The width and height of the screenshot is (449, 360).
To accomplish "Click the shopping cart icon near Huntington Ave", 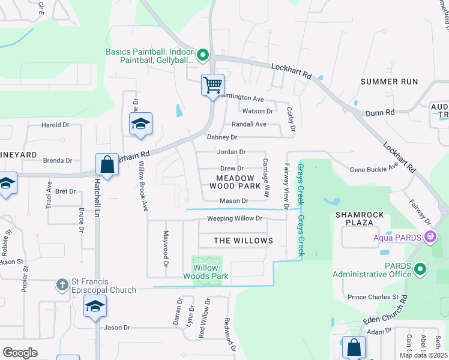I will coord(212,85).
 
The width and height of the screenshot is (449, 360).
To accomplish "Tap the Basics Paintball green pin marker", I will coord(203,56).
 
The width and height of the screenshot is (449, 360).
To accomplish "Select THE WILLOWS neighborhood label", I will coord(243,241).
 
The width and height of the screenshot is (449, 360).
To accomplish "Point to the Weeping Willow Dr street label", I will coord(235,218).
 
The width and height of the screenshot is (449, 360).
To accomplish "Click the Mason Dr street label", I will coord(234,200).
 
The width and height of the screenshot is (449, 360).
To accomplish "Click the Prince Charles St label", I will coord(373,296).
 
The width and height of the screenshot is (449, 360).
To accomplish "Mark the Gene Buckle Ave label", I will coord(374,170).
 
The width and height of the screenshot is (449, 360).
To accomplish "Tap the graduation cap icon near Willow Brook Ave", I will coord(140,124).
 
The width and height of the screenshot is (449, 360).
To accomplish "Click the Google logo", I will coord(20,352).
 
